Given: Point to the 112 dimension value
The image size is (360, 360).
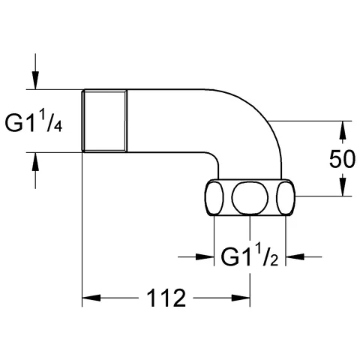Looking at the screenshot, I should [164, 298].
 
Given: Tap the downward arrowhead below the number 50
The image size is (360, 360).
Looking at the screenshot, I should [343, 187].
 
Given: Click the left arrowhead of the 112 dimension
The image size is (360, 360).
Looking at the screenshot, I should [89, 298].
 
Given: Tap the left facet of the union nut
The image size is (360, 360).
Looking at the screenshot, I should [214, 198].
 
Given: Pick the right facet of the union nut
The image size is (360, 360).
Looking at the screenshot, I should [285, 198].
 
